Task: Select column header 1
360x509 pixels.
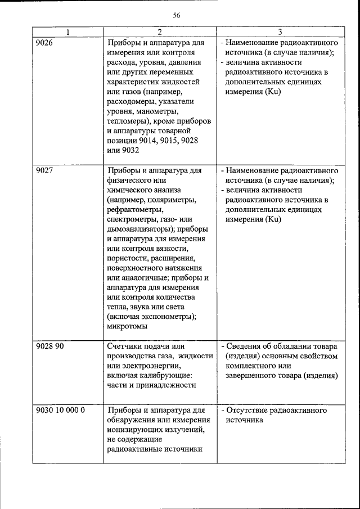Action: coord(68,32)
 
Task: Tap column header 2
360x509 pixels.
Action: coord(160,32)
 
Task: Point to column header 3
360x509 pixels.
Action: coord(280,32)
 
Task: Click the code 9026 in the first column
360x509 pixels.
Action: coord(44,43)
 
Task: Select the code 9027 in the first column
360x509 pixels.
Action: coord(44,170)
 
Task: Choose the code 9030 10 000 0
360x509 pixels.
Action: coord(60,411)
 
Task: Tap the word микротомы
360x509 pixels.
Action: coord(128,326)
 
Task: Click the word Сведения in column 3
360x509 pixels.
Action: coord(246,346)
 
